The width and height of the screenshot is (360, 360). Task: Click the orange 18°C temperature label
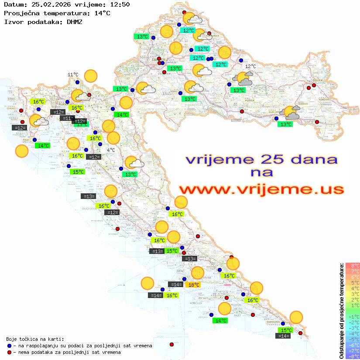click(x=194, y=285)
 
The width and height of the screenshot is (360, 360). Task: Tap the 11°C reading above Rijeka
click(x=73, y=75)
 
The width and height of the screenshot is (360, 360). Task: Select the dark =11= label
click(x=67, y=118)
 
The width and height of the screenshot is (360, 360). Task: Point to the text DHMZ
click(x=74, y=21)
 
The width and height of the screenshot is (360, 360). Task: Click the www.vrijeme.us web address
click(x=261, y=189)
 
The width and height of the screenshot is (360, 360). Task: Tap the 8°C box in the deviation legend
click(x=353, y=265)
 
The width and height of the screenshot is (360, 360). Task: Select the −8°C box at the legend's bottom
click(x=353, y=356)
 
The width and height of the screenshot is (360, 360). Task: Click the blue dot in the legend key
click(x=10, y=346)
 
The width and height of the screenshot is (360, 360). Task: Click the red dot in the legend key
click(x=10, y=352)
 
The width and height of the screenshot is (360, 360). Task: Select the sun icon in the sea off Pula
click(x=22, y=151)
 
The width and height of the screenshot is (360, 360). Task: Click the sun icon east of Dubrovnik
click(x=296, y=317)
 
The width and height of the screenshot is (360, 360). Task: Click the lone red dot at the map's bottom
click(x=171, y=344)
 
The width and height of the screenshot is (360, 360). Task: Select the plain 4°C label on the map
click(x=111, y=150)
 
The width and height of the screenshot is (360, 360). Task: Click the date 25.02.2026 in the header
click(x=46, y=5)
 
